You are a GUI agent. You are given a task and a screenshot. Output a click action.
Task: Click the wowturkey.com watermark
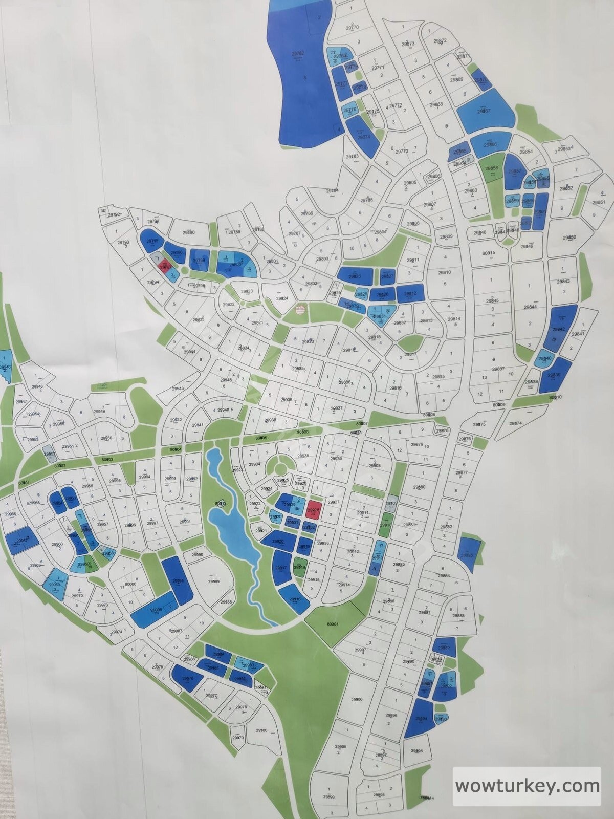527,785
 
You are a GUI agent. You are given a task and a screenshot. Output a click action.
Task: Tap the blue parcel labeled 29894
421,719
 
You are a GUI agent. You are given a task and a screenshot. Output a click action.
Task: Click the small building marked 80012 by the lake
221,504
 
